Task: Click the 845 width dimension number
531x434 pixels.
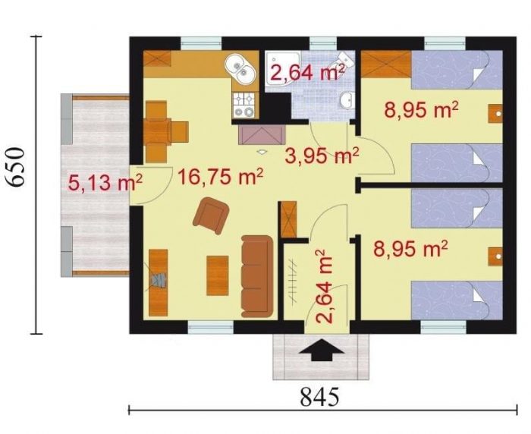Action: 319,397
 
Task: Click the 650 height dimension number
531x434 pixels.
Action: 16,167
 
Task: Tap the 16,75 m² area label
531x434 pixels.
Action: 220,177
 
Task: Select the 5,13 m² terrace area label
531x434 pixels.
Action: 105,183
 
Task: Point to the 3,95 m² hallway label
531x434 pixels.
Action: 322,156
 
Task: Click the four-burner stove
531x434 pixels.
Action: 244,105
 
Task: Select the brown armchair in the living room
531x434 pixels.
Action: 211,215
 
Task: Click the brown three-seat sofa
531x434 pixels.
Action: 257,276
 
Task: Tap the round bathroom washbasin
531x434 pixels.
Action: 347,101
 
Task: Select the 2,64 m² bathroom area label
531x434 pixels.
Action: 306,72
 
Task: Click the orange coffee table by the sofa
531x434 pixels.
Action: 218,275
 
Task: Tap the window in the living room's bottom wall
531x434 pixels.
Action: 211,327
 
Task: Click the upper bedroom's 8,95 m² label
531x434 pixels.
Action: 421,109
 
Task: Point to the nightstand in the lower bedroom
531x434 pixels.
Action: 495,256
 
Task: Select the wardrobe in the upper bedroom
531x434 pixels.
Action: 386,64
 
